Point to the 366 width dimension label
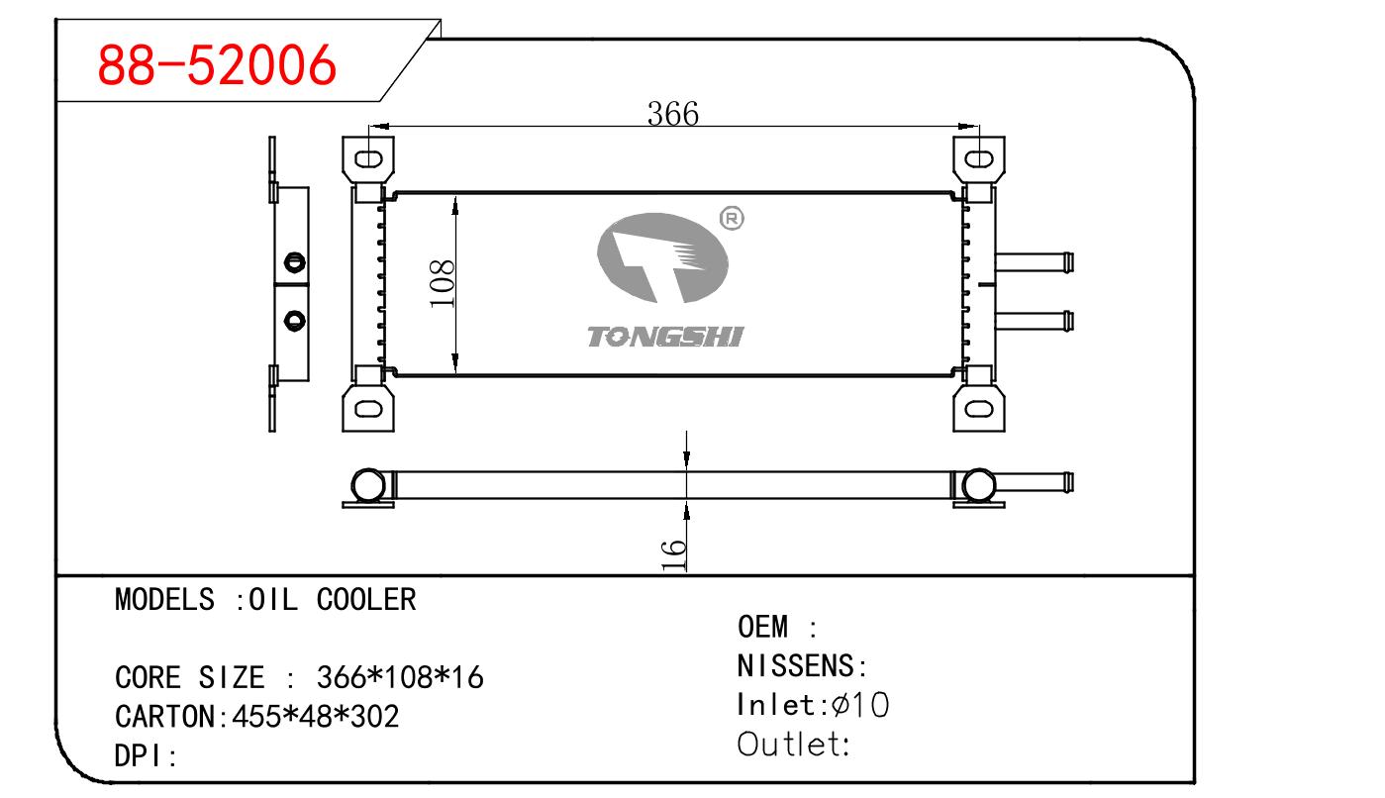coord(672,114)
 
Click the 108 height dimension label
coord(443,283)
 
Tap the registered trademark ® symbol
coord(730,219)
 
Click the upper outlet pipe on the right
coord(1034,262)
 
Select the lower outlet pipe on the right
coord(1034,321)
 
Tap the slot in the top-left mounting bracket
coord(368,158)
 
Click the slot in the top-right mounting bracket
coord(978,158)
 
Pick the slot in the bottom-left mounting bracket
coord(368,407)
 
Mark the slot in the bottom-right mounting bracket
coord(978,407)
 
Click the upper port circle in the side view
coord(293,261)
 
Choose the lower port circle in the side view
coord(293,320)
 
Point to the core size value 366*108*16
coord(399,677)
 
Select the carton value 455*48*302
coord(314,716)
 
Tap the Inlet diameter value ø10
coord(860,704)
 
